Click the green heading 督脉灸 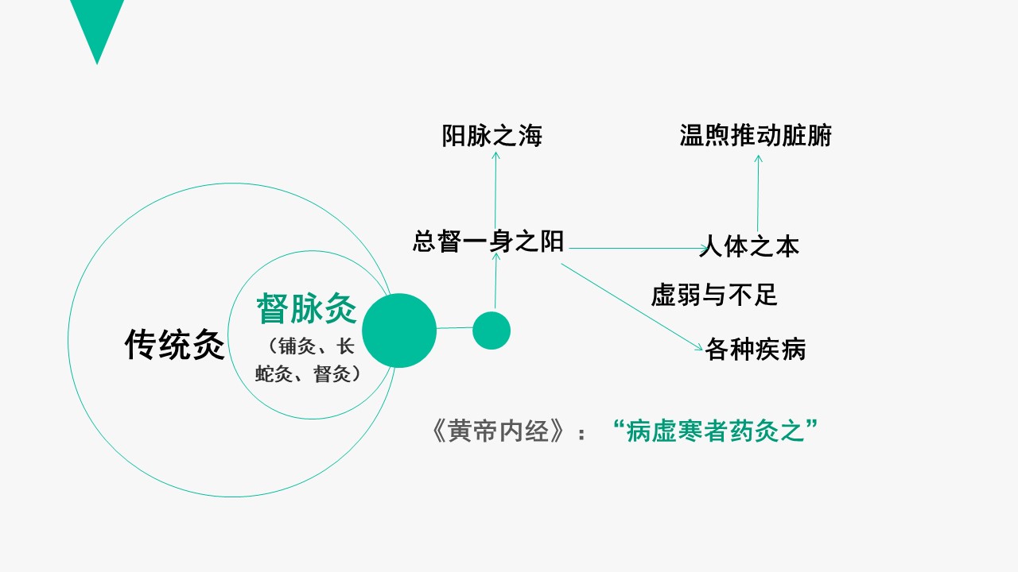tap(307, 308)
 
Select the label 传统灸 tap(174, 345)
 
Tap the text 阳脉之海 tap(492, 136)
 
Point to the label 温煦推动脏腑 tap(756, 135)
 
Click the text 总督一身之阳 tap(488, 241)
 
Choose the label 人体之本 tap(749, 246)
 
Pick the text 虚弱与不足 tap(714, 295)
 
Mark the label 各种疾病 tap(756, 349)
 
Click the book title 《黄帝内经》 tap(499, 431)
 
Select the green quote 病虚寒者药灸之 tap(715, 431)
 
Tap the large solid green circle tap(399, 330)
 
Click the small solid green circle tap(492, 330)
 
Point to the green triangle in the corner tap(97, 23)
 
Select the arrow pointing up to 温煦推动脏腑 tap(758, 193)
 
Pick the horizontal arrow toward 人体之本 tap(639, 249)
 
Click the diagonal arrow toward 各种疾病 tap(631, 307)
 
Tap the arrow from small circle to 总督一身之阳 tap(495, 280)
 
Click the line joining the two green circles tap(454, 328)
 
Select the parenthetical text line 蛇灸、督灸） tap(308, 374)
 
